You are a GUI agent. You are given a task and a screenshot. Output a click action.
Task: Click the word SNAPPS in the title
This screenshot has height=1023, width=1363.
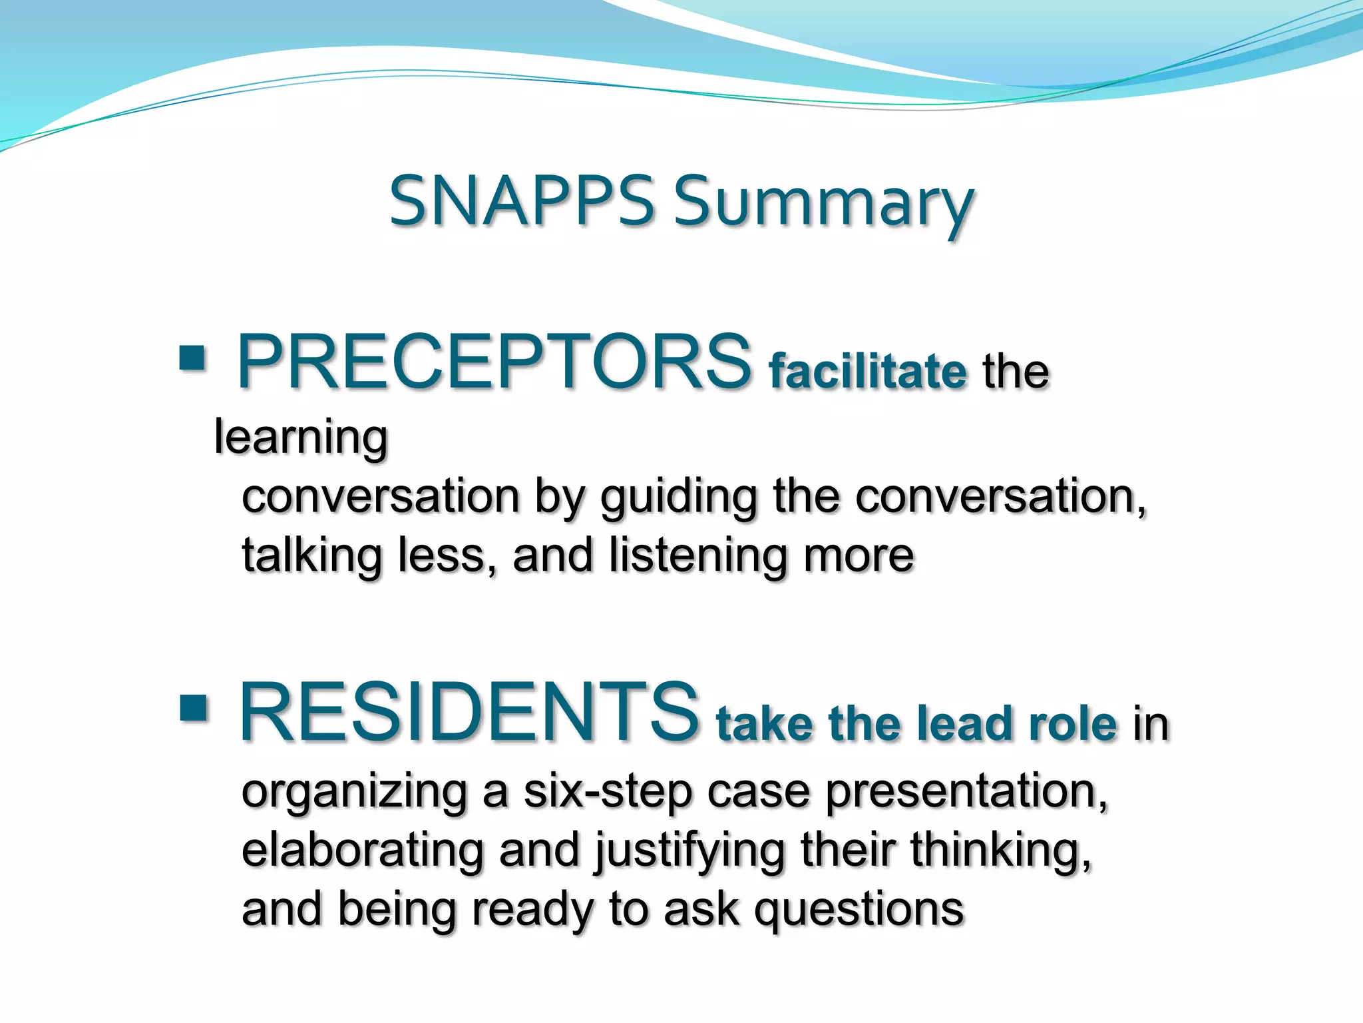pyautogui.click(x=521, y=201)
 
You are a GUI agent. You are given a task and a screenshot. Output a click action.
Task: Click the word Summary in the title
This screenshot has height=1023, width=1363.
pyautogui.click(x=824, y=203)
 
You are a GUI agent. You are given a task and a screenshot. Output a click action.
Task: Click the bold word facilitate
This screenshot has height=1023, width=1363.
pyautogui.click(x=867, y=371)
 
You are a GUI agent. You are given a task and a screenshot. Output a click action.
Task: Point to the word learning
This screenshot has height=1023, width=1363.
pyautogui.click(x=301, y=439)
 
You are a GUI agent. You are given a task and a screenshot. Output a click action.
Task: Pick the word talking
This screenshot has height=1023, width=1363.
pyautogui.click(x=311, y=557)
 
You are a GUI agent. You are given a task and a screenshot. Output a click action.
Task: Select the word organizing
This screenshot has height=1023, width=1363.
pyautogui.click(x=354, y=794)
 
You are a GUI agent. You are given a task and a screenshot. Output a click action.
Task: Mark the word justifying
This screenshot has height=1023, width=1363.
pyautogui.click(x=689, y=852)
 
